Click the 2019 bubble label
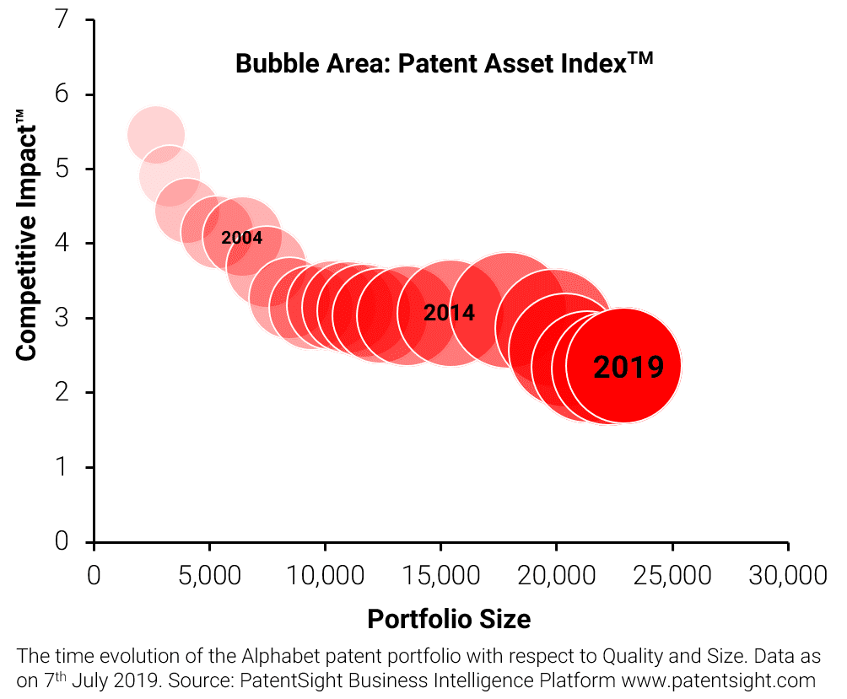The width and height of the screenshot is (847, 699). tap(629, 367)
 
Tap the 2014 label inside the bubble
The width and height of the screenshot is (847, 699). tap(449, 314)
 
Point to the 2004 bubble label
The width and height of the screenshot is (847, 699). tap(242, 238)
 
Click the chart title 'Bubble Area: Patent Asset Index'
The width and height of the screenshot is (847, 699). tap(445, 64)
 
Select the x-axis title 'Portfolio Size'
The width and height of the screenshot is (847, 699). tap(449, 619)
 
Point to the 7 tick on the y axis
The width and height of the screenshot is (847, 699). tap(60, 19)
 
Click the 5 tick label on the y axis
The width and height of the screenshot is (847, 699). tap(60, 169)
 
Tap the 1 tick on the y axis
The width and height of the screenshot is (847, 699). tap(60, 467)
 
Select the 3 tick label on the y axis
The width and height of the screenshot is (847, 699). tap(60, 318)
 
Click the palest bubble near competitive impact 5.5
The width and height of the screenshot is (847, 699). tap(156, 135)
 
